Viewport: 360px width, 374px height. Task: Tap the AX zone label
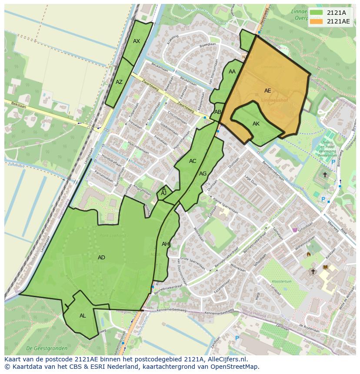(137, 41)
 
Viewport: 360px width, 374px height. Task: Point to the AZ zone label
(119, 82)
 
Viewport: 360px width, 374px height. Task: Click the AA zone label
(232, 72)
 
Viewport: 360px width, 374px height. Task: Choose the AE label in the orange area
(268, 91)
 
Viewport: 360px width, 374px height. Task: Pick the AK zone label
(256, 124)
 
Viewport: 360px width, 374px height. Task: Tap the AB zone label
(218, 112)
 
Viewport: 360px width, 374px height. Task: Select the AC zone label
(193, 161)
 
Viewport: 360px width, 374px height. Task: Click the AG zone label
(203, 174)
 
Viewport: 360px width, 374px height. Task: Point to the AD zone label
(101, 258)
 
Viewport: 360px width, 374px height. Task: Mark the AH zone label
(165, 244)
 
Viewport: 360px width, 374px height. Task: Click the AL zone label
(83, 316)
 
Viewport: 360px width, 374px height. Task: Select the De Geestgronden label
(47, 348)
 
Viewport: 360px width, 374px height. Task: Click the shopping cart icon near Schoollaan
(295, 230)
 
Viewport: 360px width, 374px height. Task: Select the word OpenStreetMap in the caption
(235, 367)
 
